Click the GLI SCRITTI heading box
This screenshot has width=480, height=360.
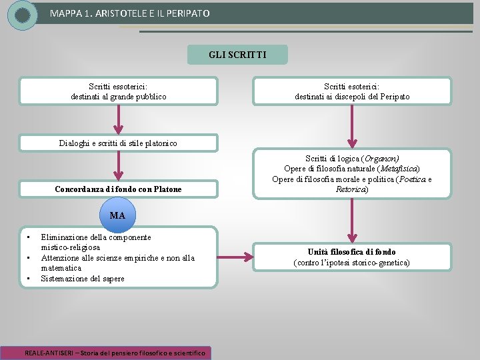tap(237, 55)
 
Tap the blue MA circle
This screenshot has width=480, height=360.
tap(117, 215)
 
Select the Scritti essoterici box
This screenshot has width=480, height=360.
tap(119, 91)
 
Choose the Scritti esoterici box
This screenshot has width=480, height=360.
tap(352, 91)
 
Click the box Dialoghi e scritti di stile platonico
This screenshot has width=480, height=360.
tap(119, 143)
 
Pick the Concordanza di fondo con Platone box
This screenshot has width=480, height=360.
tap(119, 189)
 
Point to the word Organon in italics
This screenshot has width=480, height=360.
tap(379, 159)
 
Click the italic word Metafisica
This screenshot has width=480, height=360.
tap(398, 169)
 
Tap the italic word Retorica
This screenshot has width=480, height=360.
tap(351, 189)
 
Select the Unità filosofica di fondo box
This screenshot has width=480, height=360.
tap(352, 257)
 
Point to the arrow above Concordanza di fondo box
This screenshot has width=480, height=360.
tap(119, 165)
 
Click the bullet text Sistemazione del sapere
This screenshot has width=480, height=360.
tap(83, 279)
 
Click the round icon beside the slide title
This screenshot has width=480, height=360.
tap(23, 15)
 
